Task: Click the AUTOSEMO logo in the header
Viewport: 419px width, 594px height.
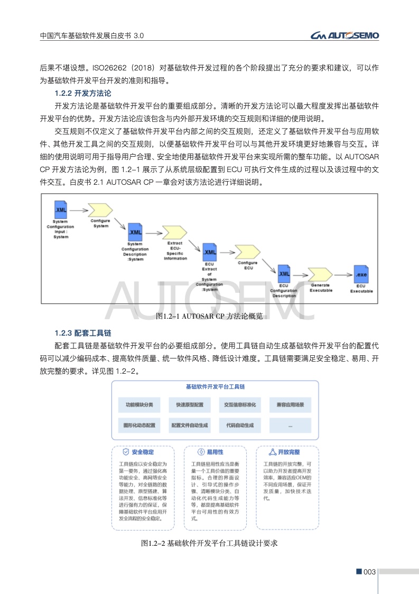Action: click(344, 35)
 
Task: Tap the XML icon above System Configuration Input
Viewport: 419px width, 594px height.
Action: click(61, 209)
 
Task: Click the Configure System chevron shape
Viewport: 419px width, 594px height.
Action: click(99, 210)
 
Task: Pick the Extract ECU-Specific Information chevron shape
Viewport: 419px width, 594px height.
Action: click(174, 232)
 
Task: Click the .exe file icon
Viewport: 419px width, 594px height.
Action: click(361, 274)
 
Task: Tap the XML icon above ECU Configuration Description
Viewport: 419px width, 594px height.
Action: click(284, 274)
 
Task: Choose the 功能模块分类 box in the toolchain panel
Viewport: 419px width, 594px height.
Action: click(139, 406)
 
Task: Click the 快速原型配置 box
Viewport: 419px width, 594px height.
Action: click(189, 406)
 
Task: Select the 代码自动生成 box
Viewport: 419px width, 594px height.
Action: click(240, 425)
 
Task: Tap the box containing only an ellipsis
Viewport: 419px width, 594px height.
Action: click(290, 425)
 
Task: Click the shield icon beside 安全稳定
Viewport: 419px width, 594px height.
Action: click(126, 453)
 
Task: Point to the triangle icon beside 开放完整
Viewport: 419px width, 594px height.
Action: click(273, 453)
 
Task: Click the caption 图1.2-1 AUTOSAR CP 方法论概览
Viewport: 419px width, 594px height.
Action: click(210, 317)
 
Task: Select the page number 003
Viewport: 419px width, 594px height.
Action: click(368, 572)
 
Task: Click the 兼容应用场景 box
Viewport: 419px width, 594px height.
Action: click(290, 406)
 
